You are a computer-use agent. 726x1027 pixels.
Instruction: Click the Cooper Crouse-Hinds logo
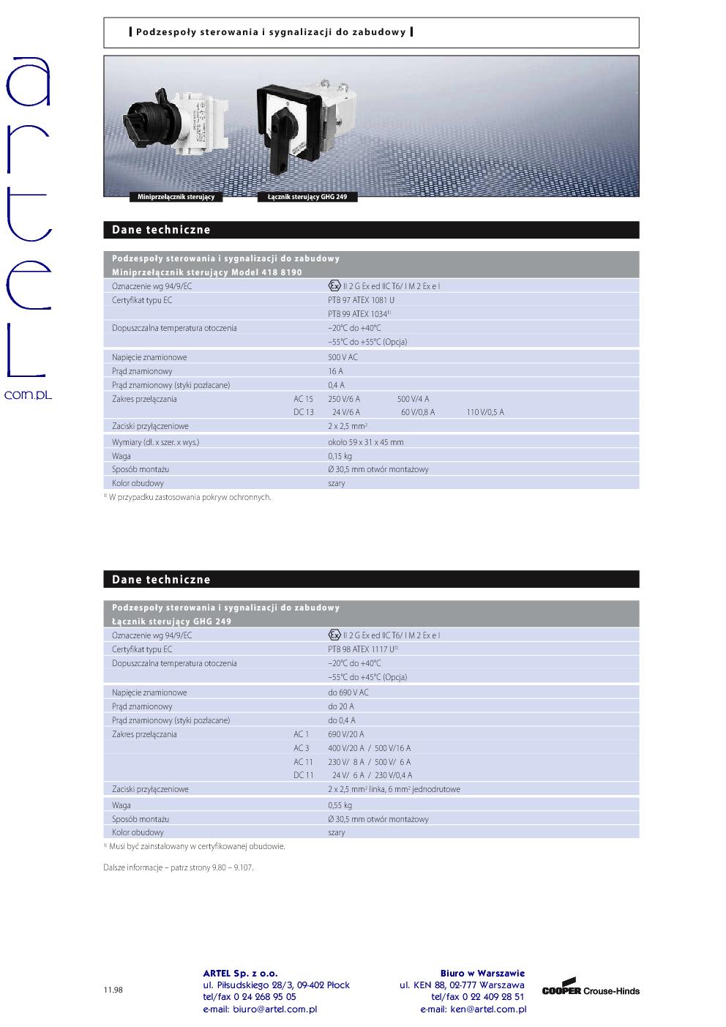(590, 990)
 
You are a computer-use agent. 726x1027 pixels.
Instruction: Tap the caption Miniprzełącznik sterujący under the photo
(176, 198)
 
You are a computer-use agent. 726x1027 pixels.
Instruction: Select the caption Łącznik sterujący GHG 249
(307, 198)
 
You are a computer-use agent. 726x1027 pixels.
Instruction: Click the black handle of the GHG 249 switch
(280, 150)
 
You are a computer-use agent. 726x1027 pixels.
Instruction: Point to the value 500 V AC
(343, 357)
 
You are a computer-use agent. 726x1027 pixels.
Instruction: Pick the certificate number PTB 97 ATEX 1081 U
(361, 300)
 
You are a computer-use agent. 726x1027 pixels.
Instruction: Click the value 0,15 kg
(340, 456)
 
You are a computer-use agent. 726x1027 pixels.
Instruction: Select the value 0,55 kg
(340, 805)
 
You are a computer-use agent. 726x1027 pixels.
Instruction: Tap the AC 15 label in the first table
(303, 399)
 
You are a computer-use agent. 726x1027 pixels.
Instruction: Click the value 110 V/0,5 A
(485, 412)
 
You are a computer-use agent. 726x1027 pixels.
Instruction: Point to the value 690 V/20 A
(345, 734)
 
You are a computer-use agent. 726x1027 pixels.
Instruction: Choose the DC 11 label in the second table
(303, 775)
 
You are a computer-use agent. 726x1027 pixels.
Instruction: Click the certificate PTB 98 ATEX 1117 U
(362, 649)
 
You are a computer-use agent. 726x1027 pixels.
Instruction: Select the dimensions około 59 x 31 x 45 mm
(365, 442)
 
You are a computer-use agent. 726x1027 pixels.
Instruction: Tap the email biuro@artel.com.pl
(260, 1009)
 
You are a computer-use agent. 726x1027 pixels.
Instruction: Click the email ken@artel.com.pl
(473, 1009)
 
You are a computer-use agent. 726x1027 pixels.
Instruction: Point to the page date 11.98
(113, 990)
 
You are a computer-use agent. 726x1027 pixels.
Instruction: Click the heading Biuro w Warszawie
(482, 973)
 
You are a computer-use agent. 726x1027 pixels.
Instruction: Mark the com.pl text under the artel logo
(28, 395)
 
